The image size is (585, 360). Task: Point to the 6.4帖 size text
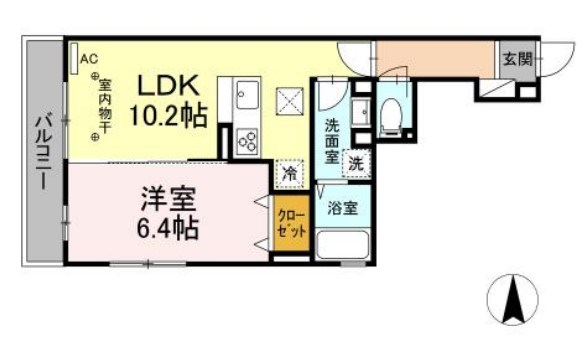click(165, 226)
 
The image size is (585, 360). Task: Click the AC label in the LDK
click(88, 57)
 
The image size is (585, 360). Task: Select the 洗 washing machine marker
click(356, 163)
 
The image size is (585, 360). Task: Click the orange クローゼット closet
click(288, 220)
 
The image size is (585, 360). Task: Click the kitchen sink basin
click(246, 97)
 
